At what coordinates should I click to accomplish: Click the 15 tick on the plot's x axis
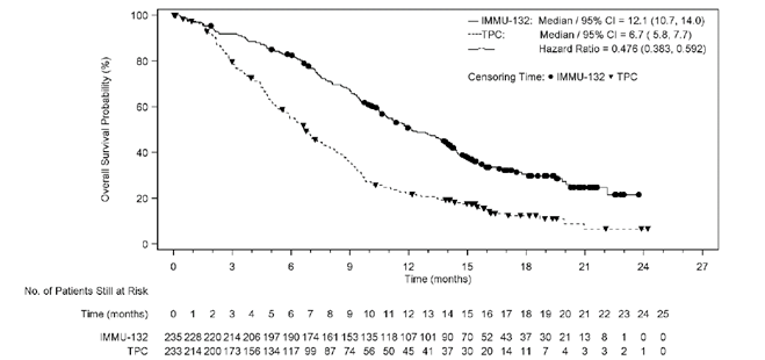coord(468,267)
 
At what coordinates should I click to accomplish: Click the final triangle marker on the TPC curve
coord(648,229)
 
